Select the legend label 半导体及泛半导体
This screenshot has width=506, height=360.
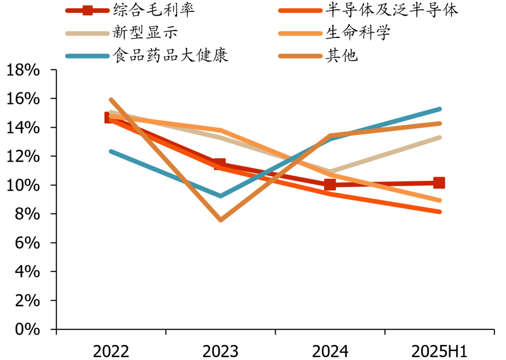(392, 10)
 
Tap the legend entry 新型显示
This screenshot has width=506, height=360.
(145, 33)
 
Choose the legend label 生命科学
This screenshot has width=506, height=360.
(358, 33)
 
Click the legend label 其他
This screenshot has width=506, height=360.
(342, 56)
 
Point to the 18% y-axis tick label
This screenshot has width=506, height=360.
(22, 70)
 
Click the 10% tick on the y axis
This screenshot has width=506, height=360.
(22, 186)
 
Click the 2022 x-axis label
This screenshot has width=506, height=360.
(111, 351)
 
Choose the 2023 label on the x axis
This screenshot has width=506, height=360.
(220, 351)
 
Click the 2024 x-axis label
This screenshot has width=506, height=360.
(330, 351)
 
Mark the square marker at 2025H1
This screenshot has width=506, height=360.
(439, 183)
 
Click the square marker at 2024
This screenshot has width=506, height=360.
(330, 185)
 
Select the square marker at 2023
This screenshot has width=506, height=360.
(220, 164)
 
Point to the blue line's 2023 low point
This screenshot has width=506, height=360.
(220, 195)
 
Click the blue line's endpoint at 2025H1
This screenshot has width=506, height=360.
(439, 109)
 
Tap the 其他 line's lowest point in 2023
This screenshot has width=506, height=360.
(220, 219)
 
